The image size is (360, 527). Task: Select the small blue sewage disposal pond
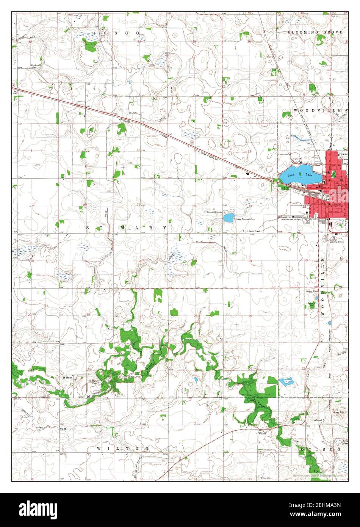point(229,218)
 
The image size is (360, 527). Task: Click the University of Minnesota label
point(291,217)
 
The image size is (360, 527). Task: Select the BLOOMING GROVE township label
point(315,33)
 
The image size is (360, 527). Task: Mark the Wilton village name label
point(263,433)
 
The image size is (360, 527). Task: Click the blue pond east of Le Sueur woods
point(287,381)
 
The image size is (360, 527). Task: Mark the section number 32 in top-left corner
point(30,42)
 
